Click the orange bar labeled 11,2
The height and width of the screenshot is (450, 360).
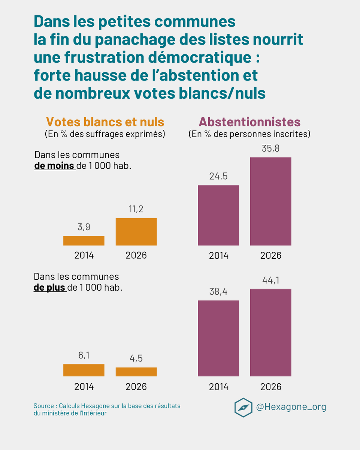click(136, 232)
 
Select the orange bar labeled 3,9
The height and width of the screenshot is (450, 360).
click(84, 241)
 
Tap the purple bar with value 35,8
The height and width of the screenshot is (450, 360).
click(270, 201)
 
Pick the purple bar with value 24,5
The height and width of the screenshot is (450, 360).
click(218, 215)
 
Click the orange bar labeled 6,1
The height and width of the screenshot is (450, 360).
click(84, 370)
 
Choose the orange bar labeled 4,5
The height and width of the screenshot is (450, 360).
click(136, 372)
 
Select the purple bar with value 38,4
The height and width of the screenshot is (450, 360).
click(218, 338)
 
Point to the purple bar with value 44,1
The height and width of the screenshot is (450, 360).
click(270, 333)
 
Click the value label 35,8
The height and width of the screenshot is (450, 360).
click(270, 148)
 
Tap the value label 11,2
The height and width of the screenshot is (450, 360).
click(136, 209)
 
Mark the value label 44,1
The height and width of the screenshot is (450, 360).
click(270, 280)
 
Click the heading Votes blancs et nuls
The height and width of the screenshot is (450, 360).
click(105, 122)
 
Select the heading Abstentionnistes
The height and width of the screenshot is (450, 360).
click(249, 122)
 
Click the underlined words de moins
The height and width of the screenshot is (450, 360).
click(54, 166)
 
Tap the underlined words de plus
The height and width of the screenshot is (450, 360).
click(50, 288)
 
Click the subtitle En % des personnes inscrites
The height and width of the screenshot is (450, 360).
click(249, 134)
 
